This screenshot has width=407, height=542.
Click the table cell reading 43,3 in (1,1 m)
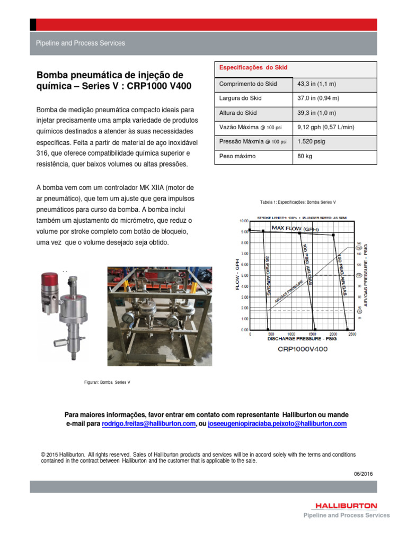coord(313,85)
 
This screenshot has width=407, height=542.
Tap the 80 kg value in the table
coord(305,156)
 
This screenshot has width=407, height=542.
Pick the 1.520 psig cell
coord(312,142)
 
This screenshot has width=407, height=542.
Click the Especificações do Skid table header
coord(246,68)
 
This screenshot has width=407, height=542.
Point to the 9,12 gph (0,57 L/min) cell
coord(326,127)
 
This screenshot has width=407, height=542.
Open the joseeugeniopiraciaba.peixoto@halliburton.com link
coord(277,424)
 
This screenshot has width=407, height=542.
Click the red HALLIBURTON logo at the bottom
coord(345,506)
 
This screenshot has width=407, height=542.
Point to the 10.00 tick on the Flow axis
coord(244,221)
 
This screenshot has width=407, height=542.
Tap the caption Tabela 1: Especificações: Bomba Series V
coord(298,202)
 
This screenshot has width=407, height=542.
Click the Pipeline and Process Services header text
coord(80,43)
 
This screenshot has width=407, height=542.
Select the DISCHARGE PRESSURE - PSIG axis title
coord(302,339)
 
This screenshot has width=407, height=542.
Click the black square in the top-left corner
coord(33,24)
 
